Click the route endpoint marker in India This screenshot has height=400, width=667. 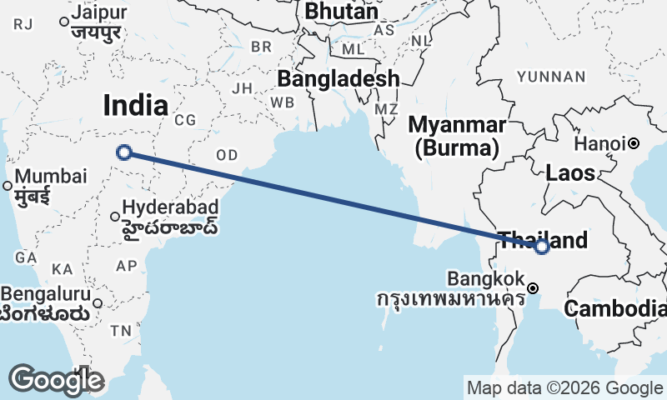[x=124, y=152]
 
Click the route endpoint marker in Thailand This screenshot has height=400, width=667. [x=542, y=246]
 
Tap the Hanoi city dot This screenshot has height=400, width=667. [x=634, y=143]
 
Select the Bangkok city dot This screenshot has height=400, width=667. [x=533, y=288]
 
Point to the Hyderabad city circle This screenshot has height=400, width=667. [x=115, y=217]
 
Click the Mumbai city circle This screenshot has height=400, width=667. [x=8, y=186]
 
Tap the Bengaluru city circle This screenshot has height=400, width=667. [x=98, y=303]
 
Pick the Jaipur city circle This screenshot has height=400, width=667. [x=64, y=22]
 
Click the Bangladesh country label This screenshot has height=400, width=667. [x=338, y=79]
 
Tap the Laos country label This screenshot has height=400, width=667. [x=570, y=173]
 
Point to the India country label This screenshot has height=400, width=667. [x=135, y=105]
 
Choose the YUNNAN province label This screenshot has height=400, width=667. [x=551, y=77]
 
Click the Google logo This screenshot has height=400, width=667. [x=56, y=380]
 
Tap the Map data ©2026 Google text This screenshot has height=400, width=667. [x=564, y=387]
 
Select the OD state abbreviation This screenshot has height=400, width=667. [x=227, y=155]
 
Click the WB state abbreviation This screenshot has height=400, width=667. [x=282, y=102]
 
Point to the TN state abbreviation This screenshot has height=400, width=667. [x=121, y=331]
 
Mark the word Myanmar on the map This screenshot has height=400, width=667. [x=457, y=126]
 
